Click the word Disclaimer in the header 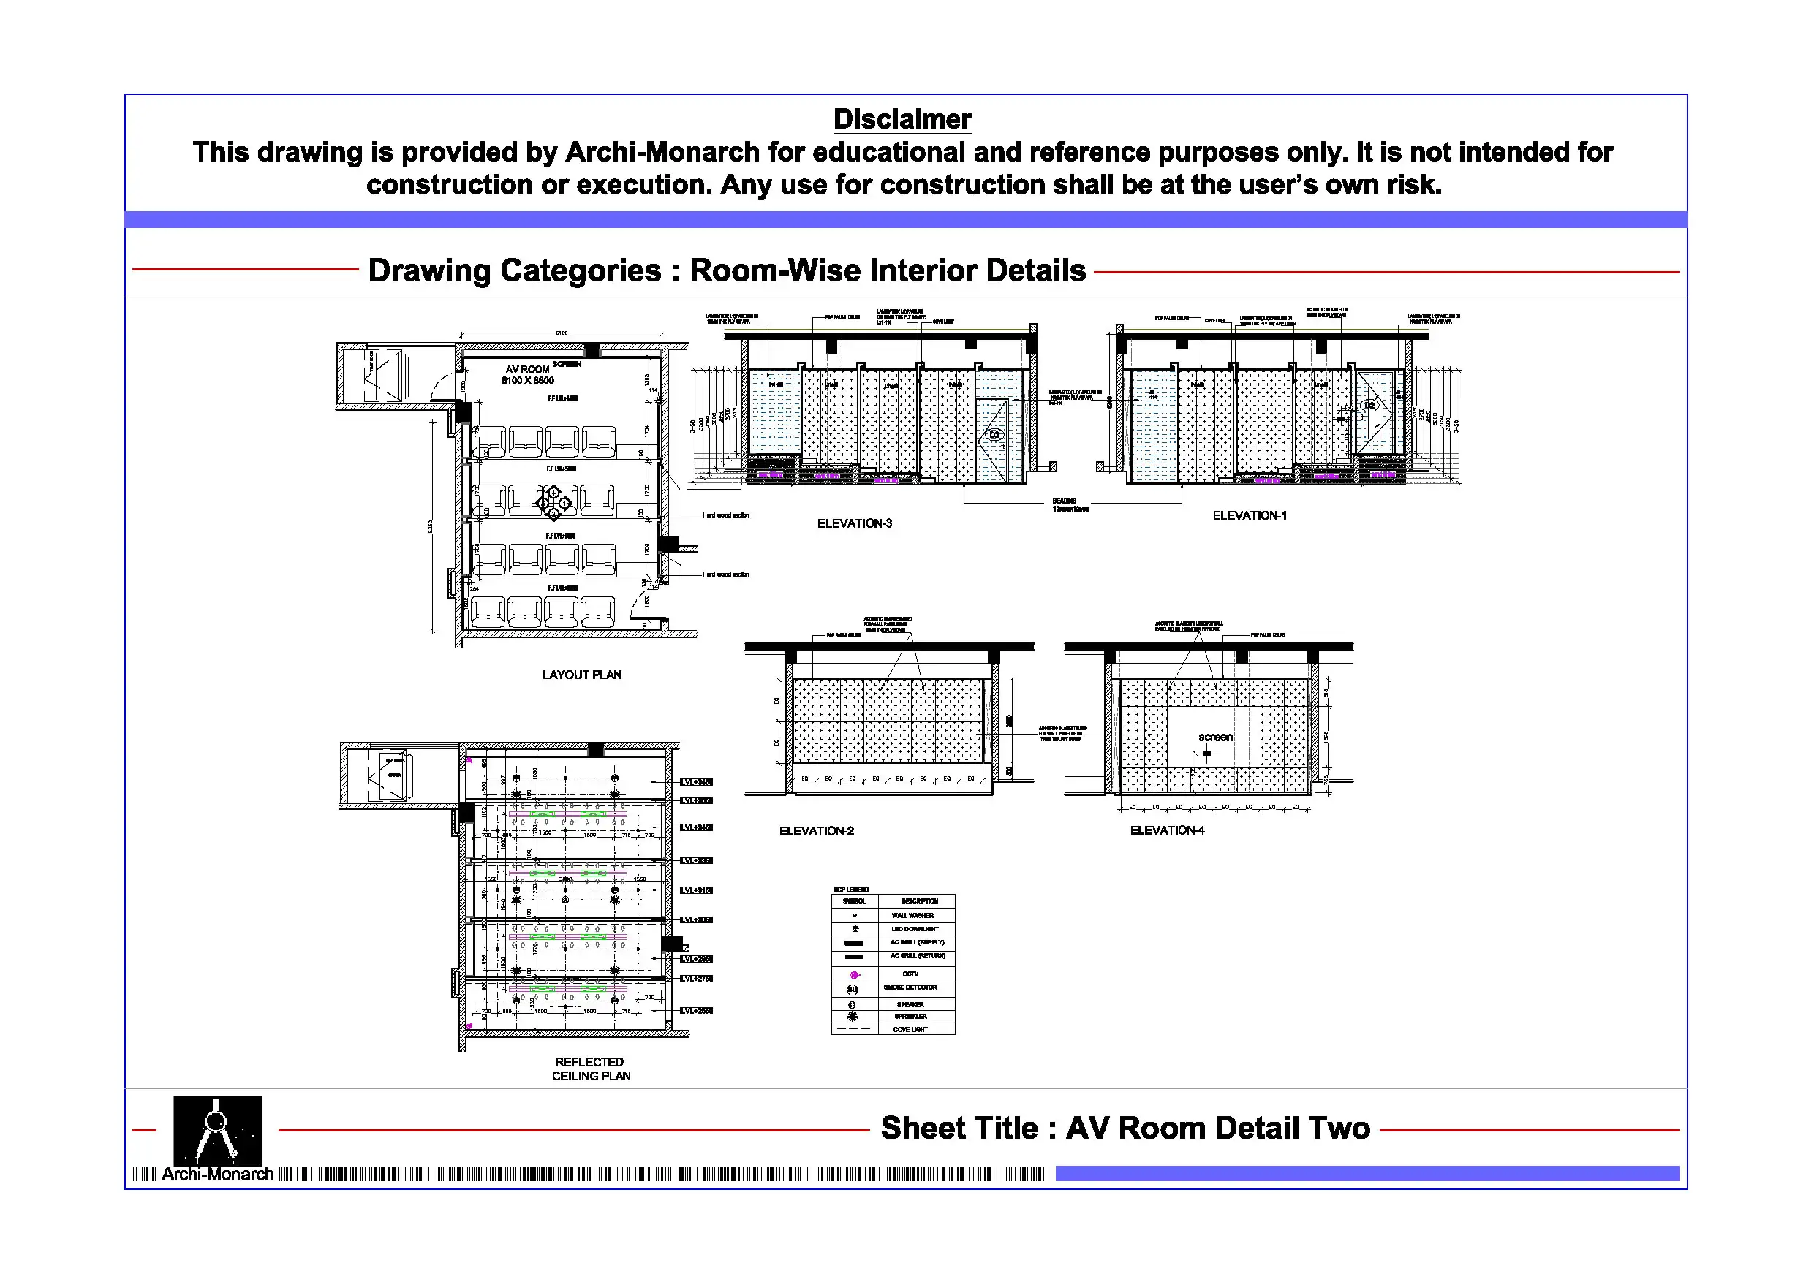click(902, 119)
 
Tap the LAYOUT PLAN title click(581, 675)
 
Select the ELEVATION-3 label click(854, 523)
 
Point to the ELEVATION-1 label click(1249, 515)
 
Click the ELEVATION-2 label click(816, 831)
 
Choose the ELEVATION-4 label click(1167, 830)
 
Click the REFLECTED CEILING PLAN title click(590, 1069)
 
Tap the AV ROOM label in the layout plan click(527, 369)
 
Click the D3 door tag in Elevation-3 click(994, 434)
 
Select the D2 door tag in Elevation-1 click(1370, 405)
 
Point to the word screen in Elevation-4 click(1215, 737)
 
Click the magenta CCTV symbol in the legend click(854, 975)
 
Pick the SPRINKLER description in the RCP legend click(910, 1017)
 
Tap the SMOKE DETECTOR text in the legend click(910, 987)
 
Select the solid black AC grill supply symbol click(853, 943)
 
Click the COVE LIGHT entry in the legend click(910, 1030)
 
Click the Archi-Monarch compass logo click(217, 1129)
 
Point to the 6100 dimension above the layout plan click(561, 333)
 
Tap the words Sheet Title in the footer click(959, 1128)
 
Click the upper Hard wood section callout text click(725, 515)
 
